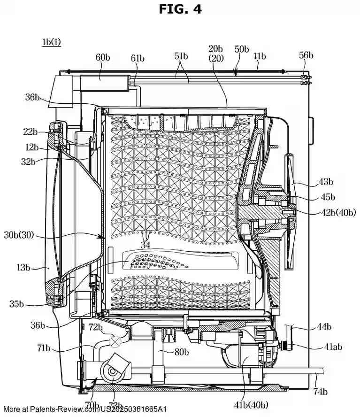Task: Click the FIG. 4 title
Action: [x=180, y=9]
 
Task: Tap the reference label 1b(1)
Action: [x=51, y=42]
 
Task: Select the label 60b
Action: [x=103, y=57]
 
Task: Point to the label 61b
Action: [x=138, y=58]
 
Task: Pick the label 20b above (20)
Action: [x=216, y=49]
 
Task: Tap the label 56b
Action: [x=306, y=55]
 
